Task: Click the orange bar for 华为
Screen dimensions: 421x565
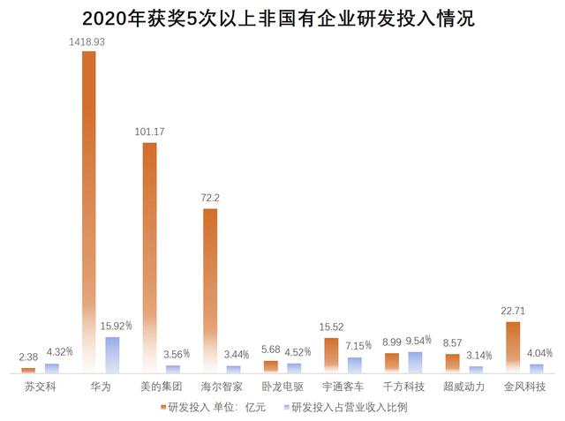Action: pyautogui.click(x=88, y=212)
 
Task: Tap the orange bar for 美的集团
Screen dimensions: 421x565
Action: pyautogui.click(x=149, y=257)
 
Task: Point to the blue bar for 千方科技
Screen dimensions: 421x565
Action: pyautogui.click(x=415, y=362)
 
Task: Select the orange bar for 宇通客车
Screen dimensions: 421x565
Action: pyautogui.click(x=331, y=355)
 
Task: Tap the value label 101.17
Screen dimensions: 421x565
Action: pyautogui.click(x=148, y=133)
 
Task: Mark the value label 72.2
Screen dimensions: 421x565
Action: pyautogui.click(x=210, y=199)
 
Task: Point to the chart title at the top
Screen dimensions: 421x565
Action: pyautogui.click(x=282, y=18)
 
